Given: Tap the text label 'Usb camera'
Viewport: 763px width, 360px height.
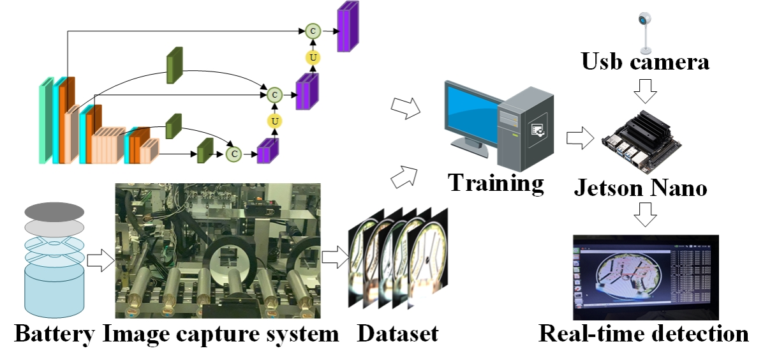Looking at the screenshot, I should point(645,63).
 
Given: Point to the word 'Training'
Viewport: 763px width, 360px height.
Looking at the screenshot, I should point(496,183).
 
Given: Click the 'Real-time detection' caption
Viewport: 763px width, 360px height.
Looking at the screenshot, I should point(644,333).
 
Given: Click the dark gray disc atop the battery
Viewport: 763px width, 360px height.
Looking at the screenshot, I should point(54,211).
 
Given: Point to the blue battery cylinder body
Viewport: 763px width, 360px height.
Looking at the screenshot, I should point(54,290).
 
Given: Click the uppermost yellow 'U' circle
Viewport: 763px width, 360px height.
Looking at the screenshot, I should point(313,57).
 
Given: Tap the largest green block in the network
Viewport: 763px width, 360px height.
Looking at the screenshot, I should point(174,66).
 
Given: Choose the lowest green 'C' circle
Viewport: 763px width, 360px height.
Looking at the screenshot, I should point(234,153).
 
